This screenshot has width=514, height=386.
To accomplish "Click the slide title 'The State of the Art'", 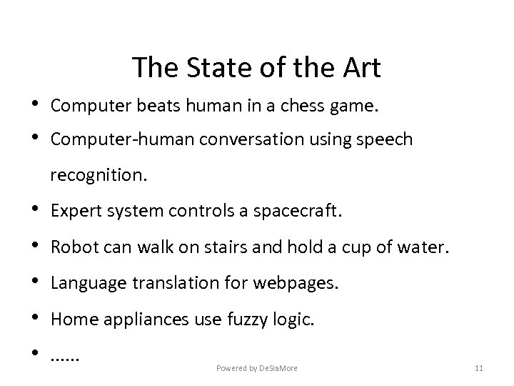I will click(256, 68).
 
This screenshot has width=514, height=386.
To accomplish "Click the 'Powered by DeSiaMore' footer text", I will click(257, 368).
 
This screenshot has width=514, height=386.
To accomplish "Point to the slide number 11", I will click(479, 368).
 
